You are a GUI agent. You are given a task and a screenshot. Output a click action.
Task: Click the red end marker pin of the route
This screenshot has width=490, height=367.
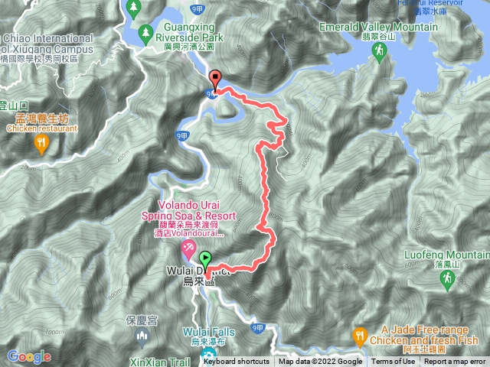coord(215,78)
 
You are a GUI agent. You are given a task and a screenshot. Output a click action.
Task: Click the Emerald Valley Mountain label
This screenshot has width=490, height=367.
coord(390,28)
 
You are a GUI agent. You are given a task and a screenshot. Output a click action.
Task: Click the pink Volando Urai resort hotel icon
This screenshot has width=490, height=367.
coord(188,228)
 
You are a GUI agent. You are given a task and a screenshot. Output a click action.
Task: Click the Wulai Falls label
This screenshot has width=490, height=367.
coord(204,331)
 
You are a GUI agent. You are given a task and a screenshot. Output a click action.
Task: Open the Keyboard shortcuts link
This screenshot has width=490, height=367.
coord(236,362)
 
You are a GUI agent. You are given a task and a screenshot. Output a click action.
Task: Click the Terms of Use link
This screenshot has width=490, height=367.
coord(394,362)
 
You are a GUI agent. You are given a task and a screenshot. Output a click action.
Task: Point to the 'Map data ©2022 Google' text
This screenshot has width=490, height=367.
coord(320,362)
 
